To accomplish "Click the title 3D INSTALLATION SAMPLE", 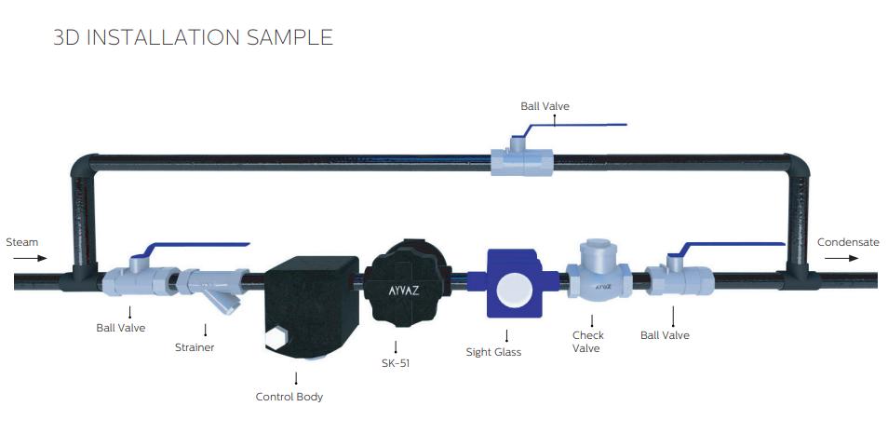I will point(194,37).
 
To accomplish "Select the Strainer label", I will point(195,347).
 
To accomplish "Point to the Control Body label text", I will point(289,397).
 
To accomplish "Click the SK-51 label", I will point(395,363).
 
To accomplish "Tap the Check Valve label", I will point(588,342).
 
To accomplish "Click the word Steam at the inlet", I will point(22,242).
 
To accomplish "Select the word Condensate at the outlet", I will point(847,242).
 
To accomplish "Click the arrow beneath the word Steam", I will point(22,258).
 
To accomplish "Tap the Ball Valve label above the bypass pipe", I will point(545,106).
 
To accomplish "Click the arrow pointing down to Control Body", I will point(296,378).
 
